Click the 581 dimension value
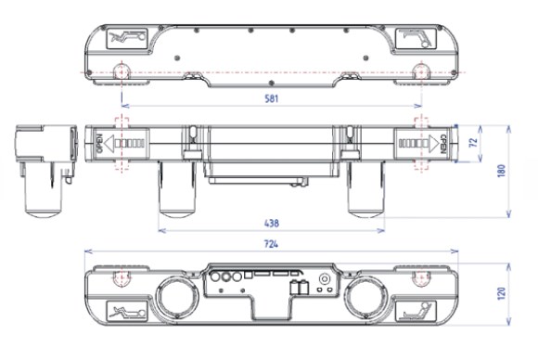[272, 99]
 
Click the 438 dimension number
[272, 224]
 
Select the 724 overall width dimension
[271, 244]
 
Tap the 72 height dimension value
[473, 142]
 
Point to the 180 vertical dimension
[502, 171]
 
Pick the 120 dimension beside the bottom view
[502, 294]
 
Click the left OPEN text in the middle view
[100, 143]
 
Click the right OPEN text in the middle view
[442, 144]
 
